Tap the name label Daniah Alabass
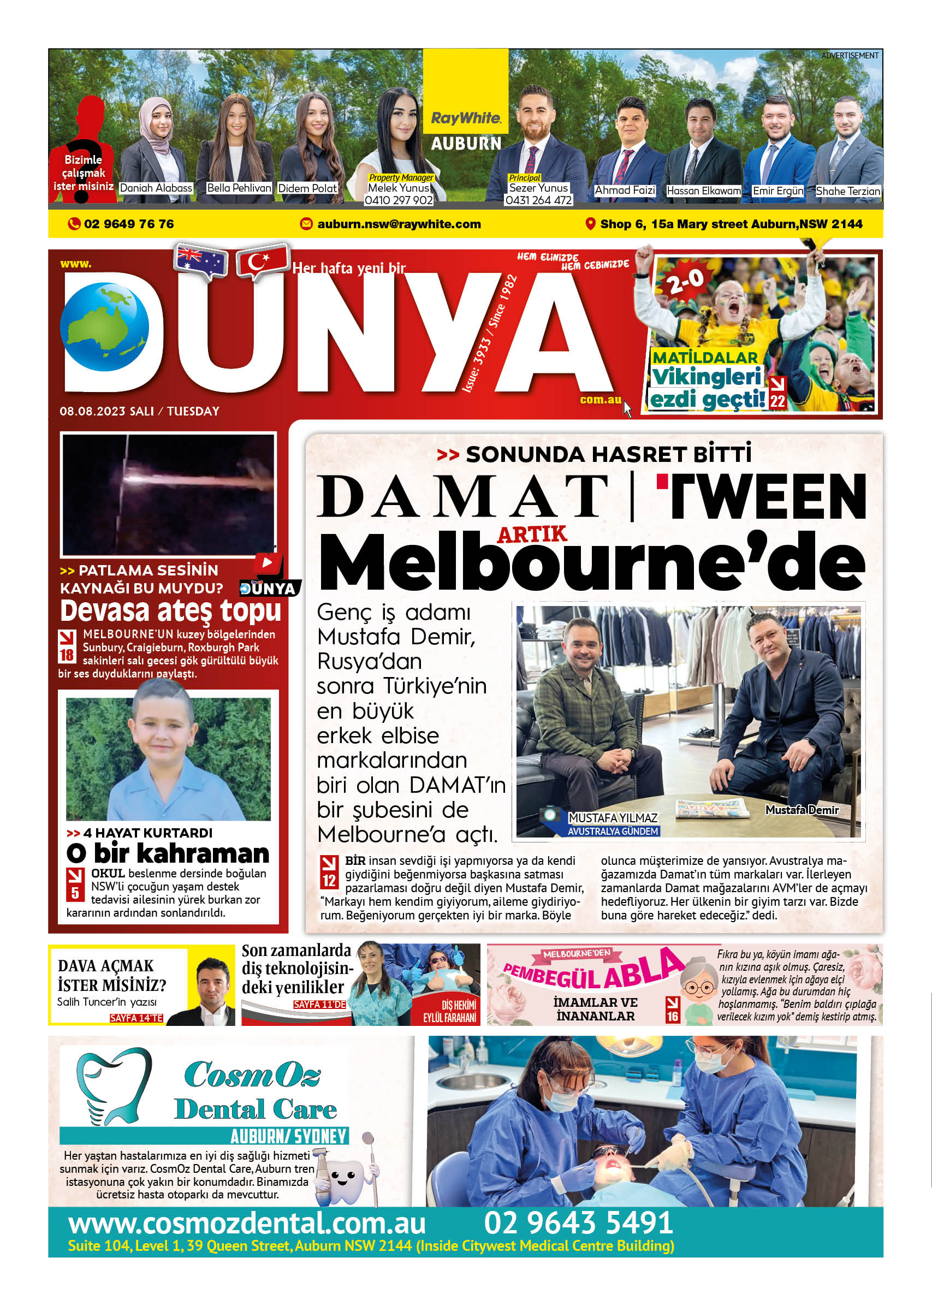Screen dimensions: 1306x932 pyautogui.click(x=156, y=188)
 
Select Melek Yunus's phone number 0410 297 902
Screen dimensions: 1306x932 pyautogui.click(x=399, y=200)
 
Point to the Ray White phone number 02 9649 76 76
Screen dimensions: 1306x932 pyautogui.click(x=128, y=224)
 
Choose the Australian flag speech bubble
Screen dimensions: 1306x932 pyautogui.click(x=200, y=262)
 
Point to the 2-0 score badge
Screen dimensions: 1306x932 pyautogui.click(x=685, y=281)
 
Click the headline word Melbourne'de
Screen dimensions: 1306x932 pyautogui.click(x=591, y=563)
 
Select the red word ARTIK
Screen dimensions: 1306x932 pyautogui.click(x=531, y=534)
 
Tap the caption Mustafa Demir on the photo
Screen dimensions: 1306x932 pyautogui.click(x=802, y=810)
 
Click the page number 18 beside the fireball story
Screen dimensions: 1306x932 pyautogui.click(x=67, y=655)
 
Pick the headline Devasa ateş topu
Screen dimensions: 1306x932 pyautogui.click(x=170, y=610)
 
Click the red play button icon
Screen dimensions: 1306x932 pyautogui.click(x=268, y=562)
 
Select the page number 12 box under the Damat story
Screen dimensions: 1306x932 pyautogui.click(x=329, y=881)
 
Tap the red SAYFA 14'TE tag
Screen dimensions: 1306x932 pyautogui.click(x=136, y=1018)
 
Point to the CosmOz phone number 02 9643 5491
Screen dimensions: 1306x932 pyautogui.click(x=578, y=1222)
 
